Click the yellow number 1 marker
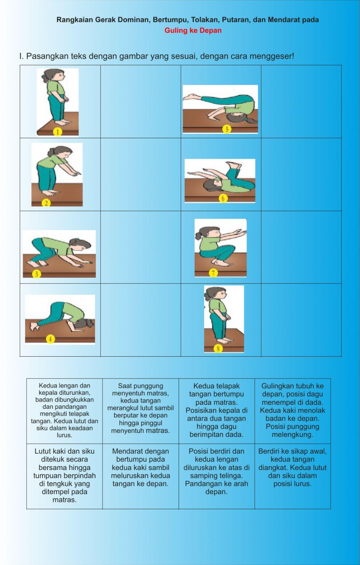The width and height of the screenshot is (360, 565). pos(58,132)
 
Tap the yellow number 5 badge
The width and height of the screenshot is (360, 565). pos(226,129)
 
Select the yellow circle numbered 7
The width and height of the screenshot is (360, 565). pos(213,273)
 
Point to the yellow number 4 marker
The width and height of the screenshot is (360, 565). pos(50,339)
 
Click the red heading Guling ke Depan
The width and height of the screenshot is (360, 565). pos(193,31)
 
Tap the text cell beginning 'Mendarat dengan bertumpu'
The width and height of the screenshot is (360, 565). pos(140,476)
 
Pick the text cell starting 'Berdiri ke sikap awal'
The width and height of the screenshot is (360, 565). pos(292,476)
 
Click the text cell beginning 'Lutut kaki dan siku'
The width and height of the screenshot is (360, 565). pos(64,476)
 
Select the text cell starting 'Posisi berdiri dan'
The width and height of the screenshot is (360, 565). pos(216,476)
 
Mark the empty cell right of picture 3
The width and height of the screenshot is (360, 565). pos(140,247)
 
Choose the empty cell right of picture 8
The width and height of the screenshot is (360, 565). pos(301,320)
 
